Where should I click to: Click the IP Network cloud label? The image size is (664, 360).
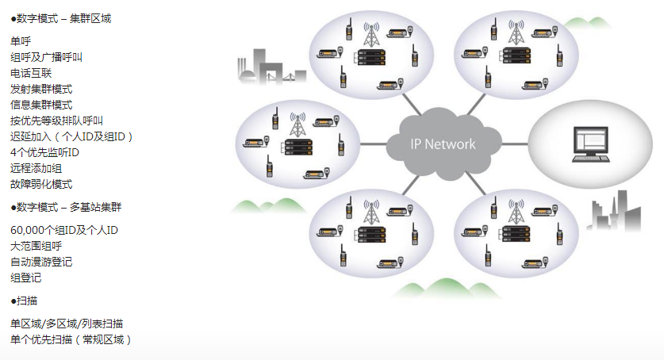click(443, 144)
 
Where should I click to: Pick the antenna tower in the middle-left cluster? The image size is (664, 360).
click(297, 124)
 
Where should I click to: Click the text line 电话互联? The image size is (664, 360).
click(31, 73)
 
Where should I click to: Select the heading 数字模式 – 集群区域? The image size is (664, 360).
click(61, 18)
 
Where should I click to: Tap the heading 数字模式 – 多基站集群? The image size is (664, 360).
click(66, 207)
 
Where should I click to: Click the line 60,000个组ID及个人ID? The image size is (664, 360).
click(64, 230)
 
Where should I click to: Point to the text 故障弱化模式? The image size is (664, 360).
click(41, 184)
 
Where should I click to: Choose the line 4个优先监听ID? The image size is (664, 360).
click(45, 152)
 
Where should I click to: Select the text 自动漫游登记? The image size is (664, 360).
click(41, 262)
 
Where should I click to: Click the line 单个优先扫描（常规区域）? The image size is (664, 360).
click(71, 339)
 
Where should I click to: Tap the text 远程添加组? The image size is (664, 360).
click(36, 168)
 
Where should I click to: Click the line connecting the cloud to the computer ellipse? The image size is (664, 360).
click(514, 144)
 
